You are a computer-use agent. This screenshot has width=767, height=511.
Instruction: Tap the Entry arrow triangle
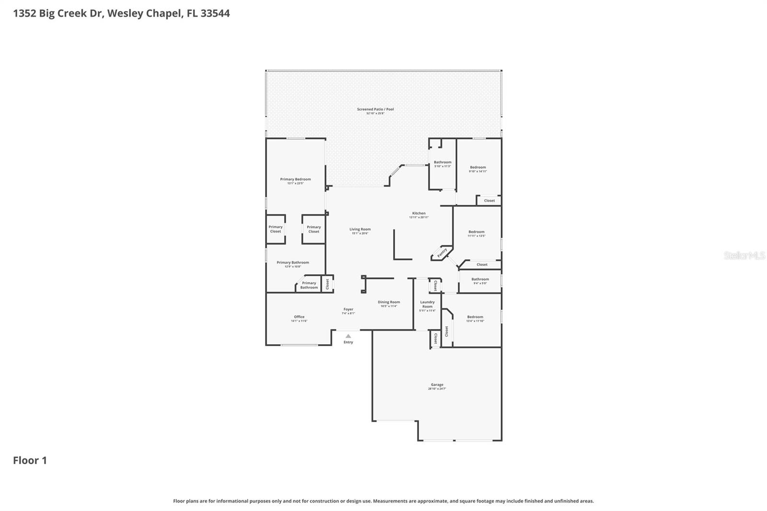[x=348, y=336]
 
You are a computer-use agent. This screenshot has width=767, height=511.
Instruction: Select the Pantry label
[x=442, y=252]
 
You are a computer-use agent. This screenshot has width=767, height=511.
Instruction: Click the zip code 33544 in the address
[x=215, y=13]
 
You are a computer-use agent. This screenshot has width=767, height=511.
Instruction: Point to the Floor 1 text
[x=30, y=460]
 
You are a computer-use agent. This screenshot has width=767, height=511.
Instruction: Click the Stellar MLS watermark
[x=744, y=255]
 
